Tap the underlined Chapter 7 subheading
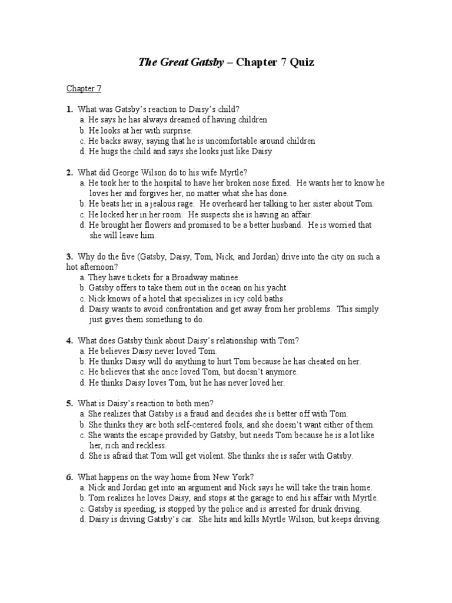[84, 89]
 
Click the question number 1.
[69, 109]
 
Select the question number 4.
[69, 340]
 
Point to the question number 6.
[69, 477]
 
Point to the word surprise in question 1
[176, 130]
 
